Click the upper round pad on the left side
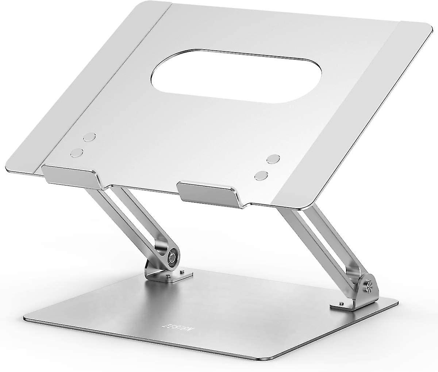tap(88, 137)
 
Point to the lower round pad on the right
tap(261, 175)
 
